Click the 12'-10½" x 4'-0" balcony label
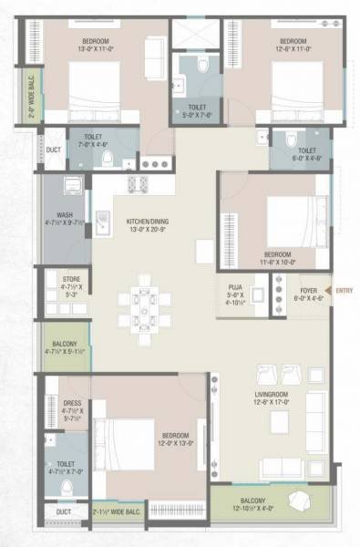coord(249,506)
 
